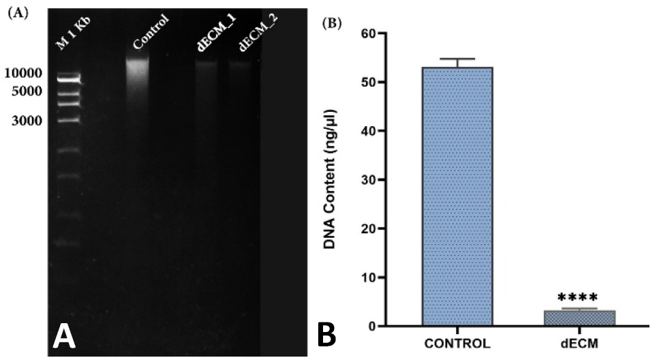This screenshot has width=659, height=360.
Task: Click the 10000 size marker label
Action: (23, 73)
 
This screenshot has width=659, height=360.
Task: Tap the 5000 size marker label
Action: (27, 91)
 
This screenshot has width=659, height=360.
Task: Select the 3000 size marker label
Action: (27, 121)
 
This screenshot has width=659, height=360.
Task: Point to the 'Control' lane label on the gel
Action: (151, 31)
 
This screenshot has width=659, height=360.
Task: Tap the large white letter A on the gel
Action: (64, 337)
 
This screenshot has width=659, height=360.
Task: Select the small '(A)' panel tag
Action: (18, 13)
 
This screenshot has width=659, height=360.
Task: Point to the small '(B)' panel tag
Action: (332, 24)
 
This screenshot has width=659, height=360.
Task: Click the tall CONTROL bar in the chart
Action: (457, 196)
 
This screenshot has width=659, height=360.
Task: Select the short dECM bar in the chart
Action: (579, 318)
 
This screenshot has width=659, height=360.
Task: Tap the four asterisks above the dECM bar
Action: (577, 298)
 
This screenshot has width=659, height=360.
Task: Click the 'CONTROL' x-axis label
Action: (457, 343)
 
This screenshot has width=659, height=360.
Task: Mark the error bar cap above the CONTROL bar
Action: (457, 59)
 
